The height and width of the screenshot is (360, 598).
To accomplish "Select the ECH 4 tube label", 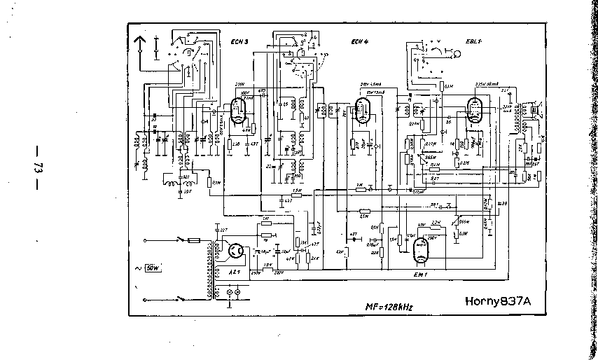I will (x=360, y=41).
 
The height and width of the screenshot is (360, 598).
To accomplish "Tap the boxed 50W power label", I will (x=153, y=268).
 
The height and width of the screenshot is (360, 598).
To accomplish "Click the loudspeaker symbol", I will (x=537, y=109).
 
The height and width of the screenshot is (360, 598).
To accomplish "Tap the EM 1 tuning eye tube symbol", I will (x=420, y=250).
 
